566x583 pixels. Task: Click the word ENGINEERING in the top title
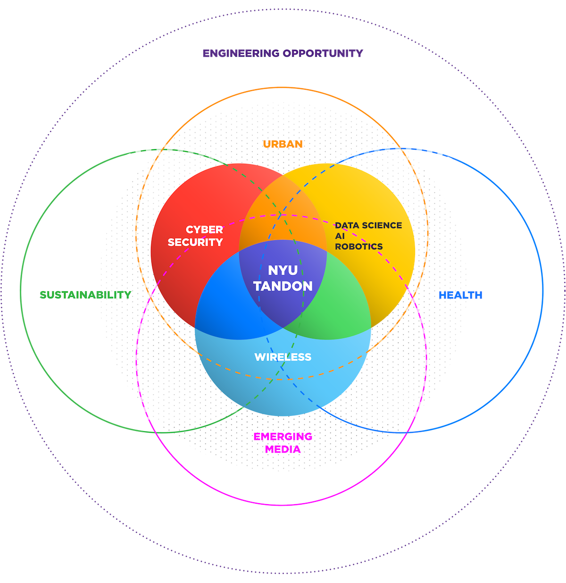(241, 53)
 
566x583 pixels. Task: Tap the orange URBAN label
(283, 144)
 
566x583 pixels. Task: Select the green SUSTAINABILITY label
(85, 295)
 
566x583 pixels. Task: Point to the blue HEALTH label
(460, 295)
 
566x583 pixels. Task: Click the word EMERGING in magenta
(283, 437)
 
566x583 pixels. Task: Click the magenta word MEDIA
(283, 449)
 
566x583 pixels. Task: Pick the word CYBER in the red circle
(204, 230)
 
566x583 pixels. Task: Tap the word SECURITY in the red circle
(195, 242)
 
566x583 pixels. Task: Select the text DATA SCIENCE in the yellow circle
(368, 226)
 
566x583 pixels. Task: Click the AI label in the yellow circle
(340, 236)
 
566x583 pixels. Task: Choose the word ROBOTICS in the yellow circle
(359, 246)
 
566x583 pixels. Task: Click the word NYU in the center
(283, 270)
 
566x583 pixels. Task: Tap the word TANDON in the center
(283, 286)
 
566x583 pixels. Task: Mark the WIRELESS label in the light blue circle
(283, 357)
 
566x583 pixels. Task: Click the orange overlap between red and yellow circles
(283, 208)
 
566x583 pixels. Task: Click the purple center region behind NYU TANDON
(283, 307)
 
